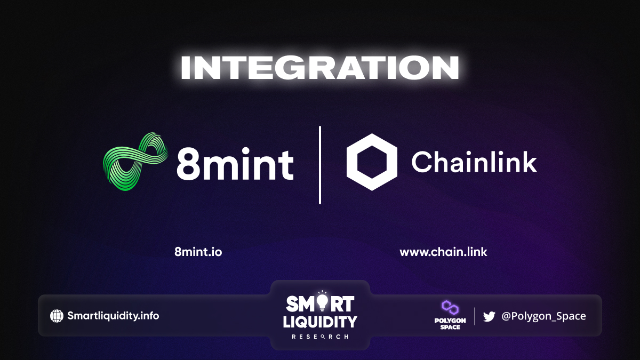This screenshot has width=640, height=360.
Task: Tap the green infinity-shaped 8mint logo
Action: (135, 162)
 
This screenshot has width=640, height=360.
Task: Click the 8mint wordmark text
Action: (235, 164)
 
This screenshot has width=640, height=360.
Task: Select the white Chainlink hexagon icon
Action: (372, 162)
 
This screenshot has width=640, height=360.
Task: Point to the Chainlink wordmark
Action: (474, 162)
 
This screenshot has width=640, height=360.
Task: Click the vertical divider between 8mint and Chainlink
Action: (319, 165)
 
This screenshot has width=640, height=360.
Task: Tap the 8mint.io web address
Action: (198, 252)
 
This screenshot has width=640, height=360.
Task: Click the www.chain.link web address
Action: (443, 252)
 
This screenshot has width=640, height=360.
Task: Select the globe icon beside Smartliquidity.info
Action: (57, 316)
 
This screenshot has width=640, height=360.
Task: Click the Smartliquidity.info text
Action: (113, 316)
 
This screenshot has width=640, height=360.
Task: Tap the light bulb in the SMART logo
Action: (322, 301)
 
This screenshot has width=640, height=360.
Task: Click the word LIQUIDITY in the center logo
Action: (320, 322)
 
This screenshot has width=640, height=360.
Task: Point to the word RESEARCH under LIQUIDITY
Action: (320, 337)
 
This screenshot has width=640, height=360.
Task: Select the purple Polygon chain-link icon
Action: (450, 307)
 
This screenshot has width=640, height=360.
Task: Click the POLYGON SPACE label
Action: (450, 324)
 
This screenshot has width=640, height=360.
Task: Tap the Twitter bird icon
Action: (489, 317)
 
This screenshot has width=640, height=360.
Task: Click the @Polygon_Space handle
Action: (543, 316)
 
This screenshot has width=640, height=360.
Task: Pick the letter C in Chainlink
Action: (421, 162)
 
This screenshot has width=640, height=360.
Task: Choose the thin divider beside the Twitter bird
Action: (474, 316)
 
